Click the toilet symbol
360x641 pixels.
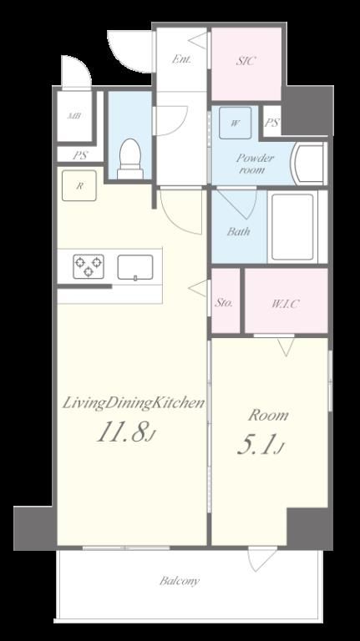coord(130,159)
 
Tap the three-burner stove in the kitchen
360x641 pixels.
coord(89,266)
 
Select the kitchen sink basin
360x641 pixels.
coord(135,267)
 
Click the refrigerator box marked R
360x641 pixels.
coord(79,185)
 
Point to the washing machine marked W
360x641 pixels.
coord(235,123)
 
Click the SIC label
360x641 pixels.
coord(246,61)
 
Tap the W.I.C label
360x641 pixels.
coord(286,304)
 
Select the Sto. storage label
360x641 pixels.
coord(224,303)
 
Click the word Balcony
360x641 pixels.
coord(180,581)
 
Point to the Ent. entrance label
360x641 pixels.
coord(181,59)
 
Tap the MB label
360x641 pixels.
coord(74,116)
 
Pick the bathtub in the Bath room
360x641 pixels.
coord(292,226)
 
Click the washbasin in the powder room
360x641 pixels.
coord(307,164)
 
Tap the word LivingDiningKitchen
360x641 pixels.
coord(134,404)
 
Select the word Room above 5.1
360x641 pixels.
coord(269,416)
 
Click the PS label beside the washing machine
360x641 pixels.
coord(272,122)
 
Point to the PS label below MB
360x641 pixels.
coord(80,156)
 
